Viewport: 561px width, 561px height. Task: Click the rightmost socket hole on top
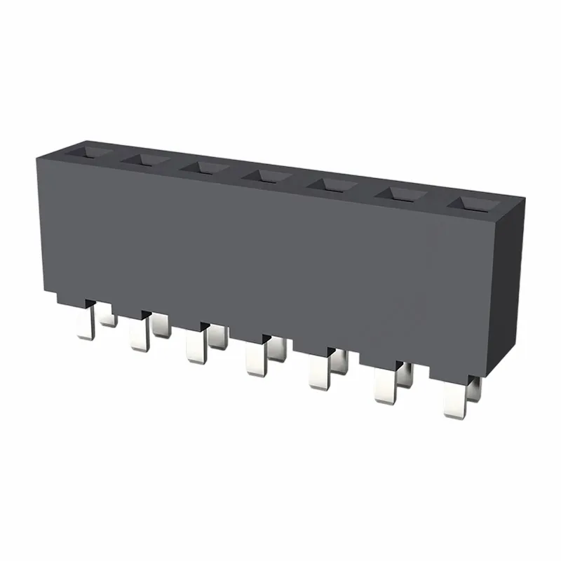click(471, 204)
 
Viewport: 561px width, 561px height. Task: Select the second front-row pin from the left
click(137, 336)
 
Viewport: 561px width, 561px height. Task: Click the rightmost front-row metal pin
click(454, 401)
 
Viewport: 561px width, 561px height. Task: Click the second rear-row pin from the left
click(161, 325)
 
